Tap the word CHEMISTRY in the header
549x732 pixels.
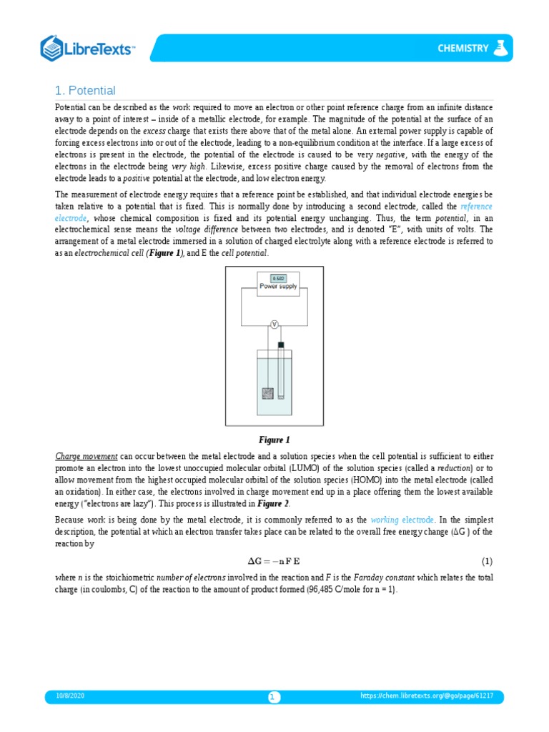click(x=463, y=49)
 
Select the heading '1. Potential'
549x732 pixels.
click(x=85, y=90)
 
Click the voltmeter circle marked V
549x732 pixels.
click(x=274, y=325)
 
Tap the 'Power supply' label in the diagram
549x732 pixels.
click(x=278, y=286)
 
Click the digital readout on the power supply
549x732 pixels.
click(x=278, y=277)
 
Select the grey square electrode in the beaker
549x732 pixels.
click(x=267, y=393)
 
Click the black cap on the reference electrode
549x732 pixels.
click(x=281, y=346)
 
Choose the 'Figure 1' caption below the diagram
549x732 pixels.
click(x=274, y=440)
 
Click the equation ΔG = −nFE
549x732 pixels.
click(x=274, y=560)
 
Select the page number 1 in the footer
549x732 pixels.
click(x=274, y=697)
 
